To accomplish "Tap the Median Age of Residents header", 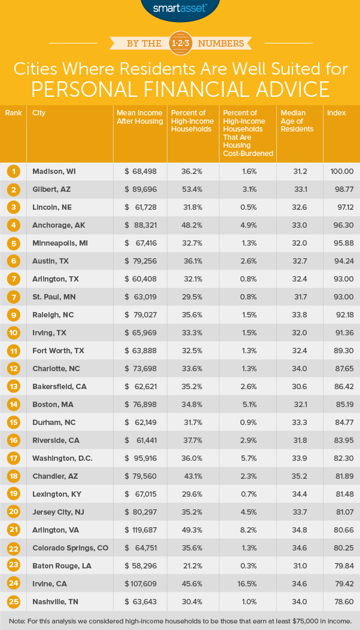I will pos(297,121).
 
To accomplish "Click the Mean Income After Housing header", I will pos(139,117).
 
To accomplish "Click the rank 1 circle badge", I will pos(13,172).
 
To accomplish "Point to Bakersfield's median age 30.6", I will pos(297,387).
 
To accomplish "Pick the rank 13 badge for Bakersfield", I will pos(13,387).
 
